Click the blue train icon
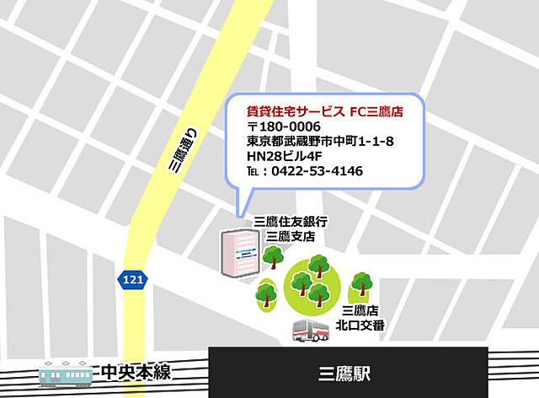coord(67,372)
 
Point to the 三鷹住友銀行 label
coord(291,221)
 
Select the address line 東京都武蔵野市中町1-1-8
coord(320,142)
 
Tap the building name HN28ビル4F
coord(285,156)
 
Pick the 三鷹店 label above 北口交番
coord(360,310)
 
